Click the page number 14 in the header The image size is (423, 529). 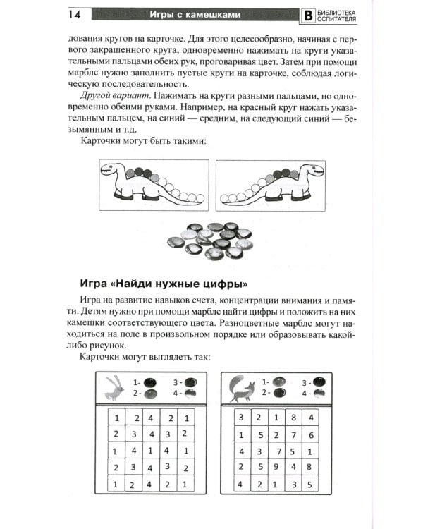[76, 14]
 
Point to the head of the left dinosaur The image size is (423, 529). [111, 170]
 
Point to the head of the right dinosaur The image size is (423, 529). [312, 170]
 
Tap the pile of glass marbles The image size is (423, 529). [211, 241]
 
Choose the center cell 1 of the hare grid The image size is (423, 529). [152, 450]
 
